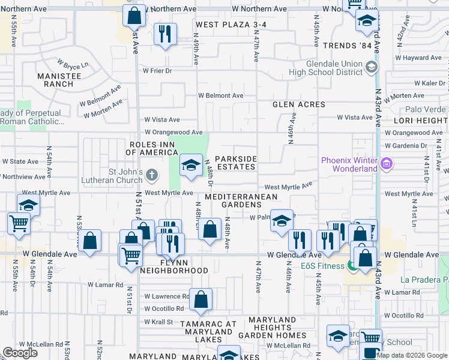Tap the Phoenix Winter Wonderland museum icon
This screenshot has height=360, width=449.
(x=386, y=163)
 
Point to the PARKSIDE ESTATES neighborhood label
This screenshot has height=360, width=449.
(x=236, y=163)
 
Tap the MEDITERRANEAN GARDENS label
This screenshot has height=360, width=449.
(x=241, y=200)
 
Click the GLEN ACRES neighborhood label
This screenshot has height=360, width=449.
(x=299, y=104)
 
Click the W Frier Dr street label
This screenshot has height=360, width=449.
(x=157, y=70)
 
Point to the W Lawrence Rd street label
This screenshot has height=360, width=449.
(x=166, y=296)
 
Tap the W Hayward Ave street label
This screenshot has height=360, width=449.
(x=418, y=58)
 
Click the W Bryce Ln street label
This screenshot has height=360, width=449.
(x=73, y=64)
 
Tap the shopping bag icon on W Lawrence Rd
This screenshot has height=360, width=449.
(x=201, y=299)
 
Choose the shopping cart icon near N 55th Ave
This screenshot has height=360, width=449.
(x=19, y=223)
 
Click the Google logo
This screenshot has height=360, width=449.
(x=20, y=353)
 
